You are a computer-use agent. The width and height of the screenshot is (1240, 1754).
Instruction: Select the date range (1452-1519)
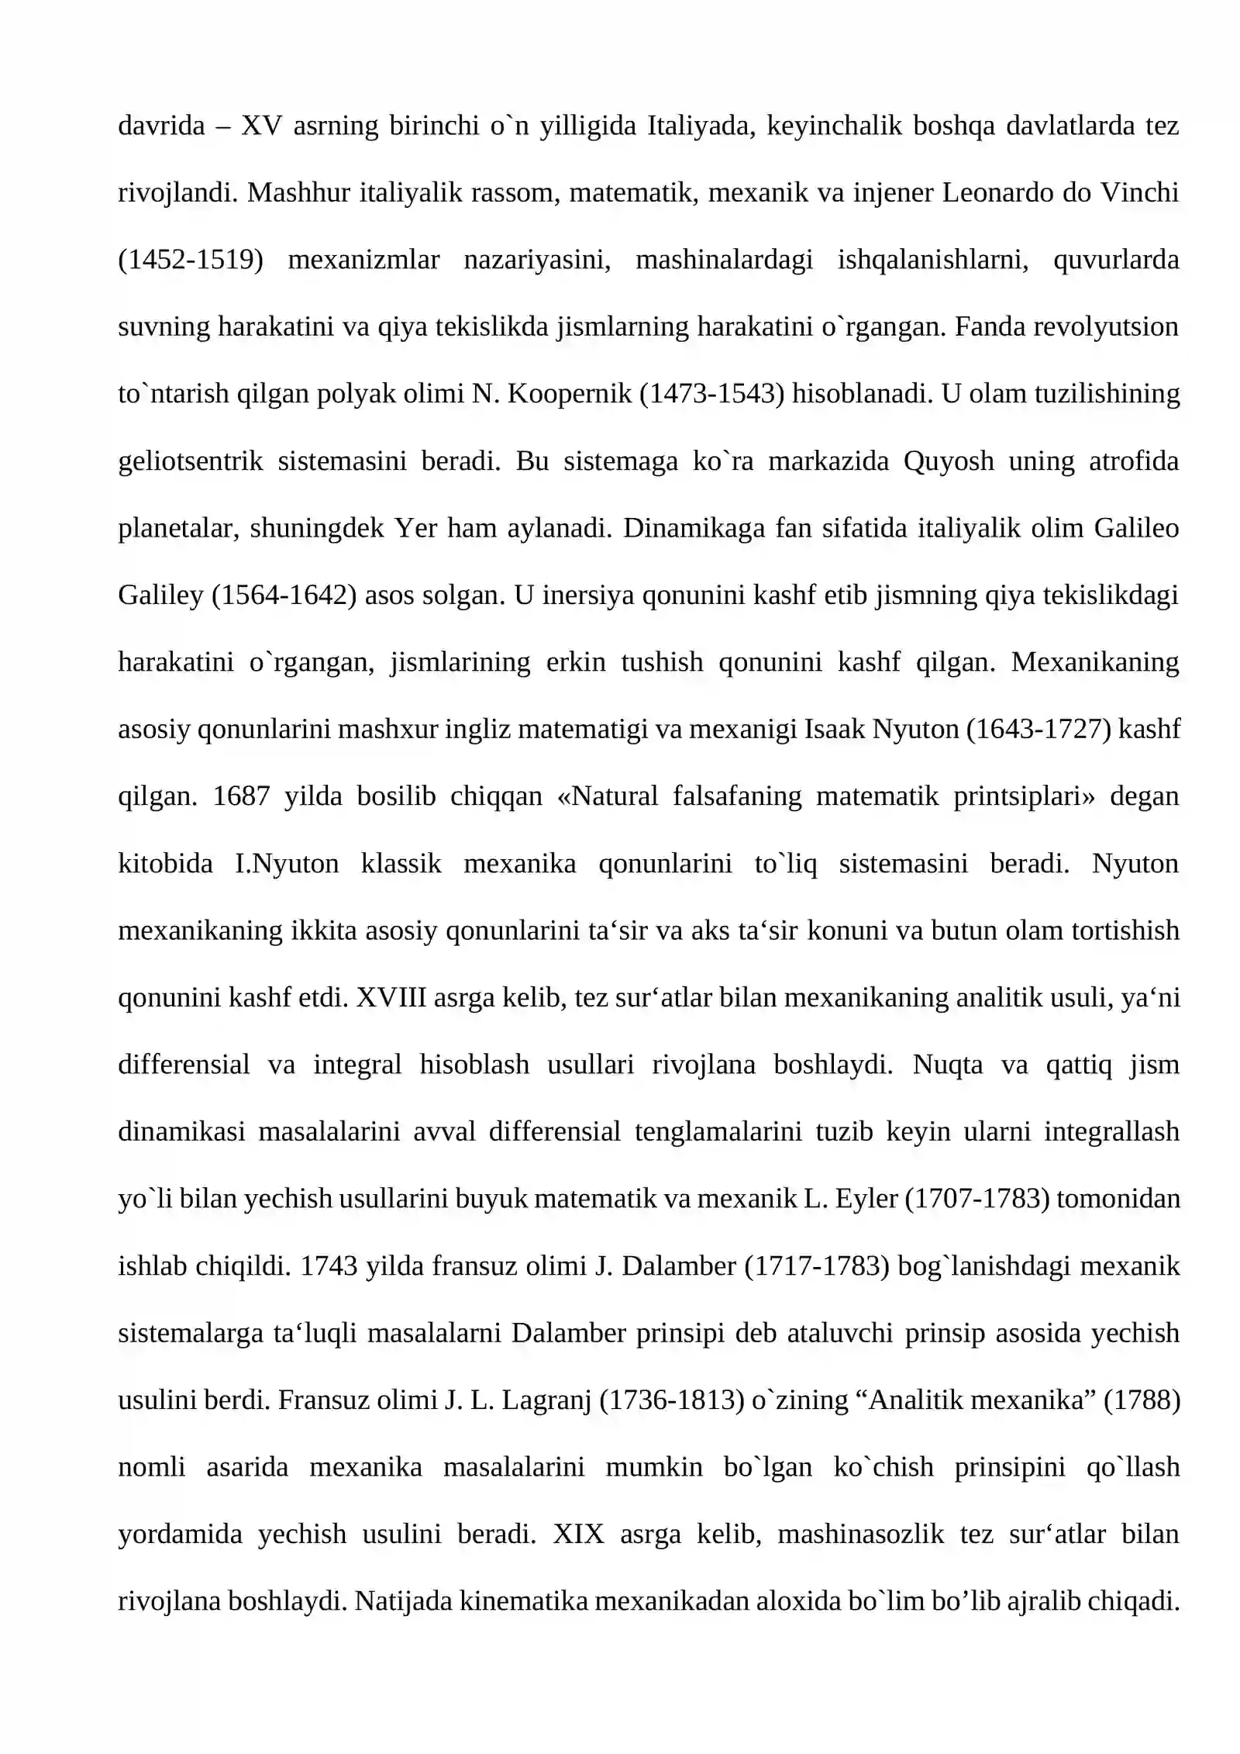click(191, 260)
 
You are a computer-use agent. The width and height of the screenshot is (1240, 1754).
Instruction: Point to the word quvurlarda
click(1116, 260)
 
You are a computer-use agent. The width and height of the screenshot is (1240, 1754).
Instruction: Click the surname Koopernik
click(570, 394)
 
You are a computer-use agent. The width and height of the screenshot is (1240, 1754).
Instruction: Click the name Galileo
click(1136, 528)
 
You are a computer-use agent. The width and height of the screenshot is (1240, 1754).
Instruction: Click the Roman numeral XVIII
click(391, 998)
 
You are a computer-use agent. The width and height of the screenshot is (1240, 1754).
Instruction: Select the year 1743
click(328, 1266)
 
